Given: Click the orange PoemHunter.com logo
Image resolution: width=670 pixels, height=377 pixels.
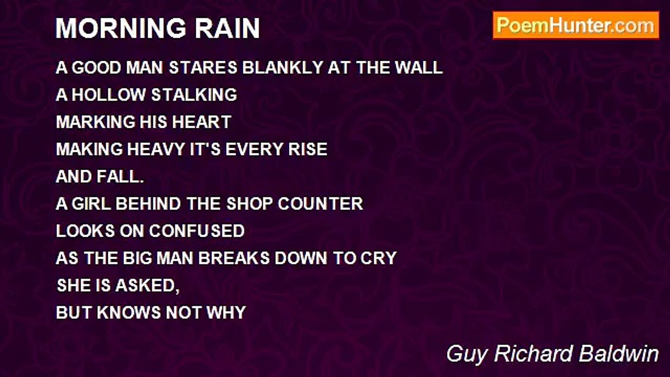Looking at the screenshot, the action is (576, 26).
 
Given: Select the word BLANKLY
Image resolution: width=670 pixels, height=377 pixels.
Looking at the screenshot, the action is (283, 68).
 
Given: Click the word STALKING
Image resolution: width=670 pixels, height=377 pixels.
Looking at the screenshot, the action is (194, 95).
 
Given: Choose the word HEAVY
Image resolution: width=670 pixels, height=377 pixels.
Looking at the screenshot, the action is (155, 149).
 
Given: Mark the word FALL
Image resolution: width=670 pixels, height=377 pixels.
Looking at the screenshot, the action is (120, 176).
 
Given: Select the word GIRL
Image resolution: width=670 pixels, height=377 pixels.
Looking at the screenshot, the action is (91, 204).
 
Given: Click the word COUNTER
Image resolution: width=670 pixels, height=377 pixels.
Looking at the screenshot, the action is (320, 204).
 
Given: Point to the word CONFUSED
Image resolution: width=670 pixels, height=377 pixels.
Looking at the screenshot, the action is (197, 231).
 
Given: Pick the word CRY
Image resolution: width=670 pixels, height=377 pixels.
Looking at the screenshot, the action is (378, 258).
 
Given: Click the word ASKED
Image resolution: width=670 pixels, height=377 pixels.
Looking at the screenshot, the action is (148, 285).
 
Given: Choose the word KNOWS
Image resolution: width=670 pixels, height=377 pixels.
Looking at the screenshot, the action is (129, 313).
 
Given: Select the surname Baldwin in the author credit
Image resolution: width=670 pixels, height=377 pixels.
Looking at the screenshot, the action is (619, 354).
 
